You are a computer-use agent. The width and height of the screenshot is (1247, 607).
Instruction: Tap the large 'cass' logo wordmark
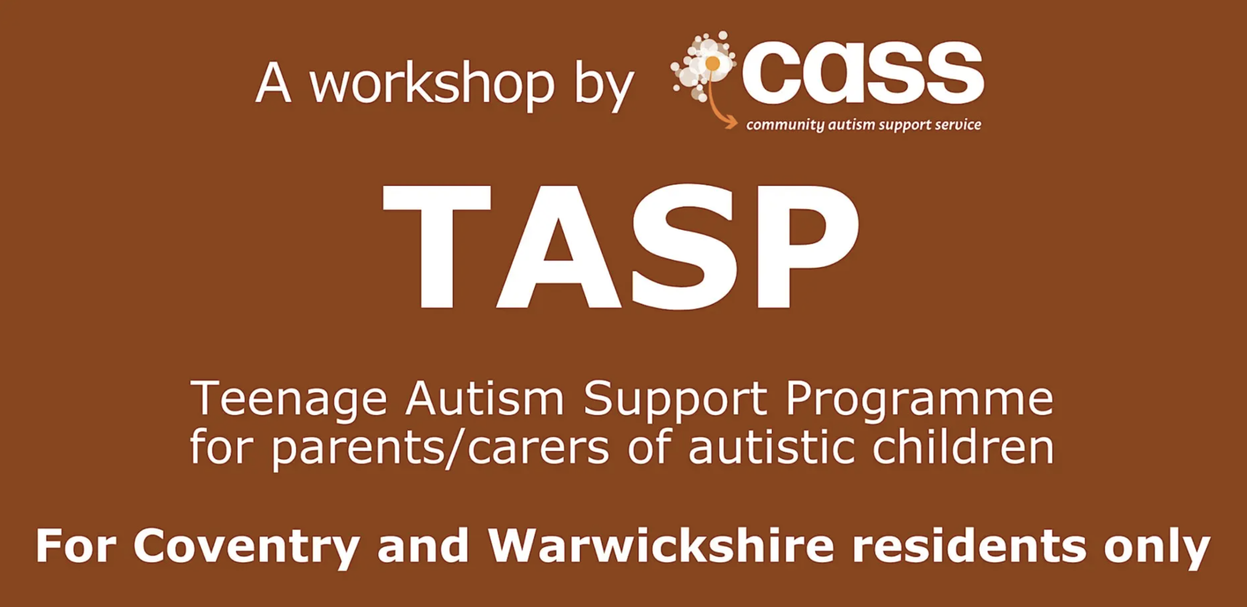point(863,72)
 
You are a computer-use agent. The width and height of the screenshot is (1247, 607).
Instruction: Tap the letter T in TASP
point(436,247)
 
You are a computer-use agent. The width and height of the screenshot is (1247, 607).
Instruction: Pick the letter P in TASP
point(808,247)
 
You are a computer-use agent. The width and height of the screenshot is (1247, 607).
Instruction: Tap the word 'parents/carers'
point(440,447)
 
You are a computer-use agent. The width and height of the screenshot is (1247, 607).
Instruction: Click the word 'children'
point(963,445)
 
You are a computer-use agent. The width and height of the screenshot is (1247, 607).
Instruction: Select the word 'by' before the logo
point(604,85)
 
